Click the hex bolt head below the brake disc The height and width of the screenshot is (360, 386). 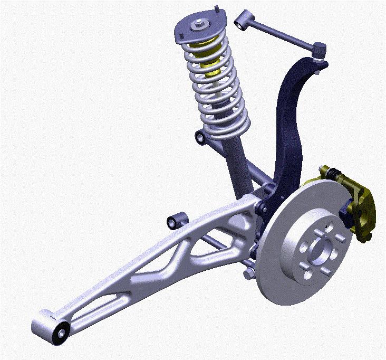click(x=249, y=273)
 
